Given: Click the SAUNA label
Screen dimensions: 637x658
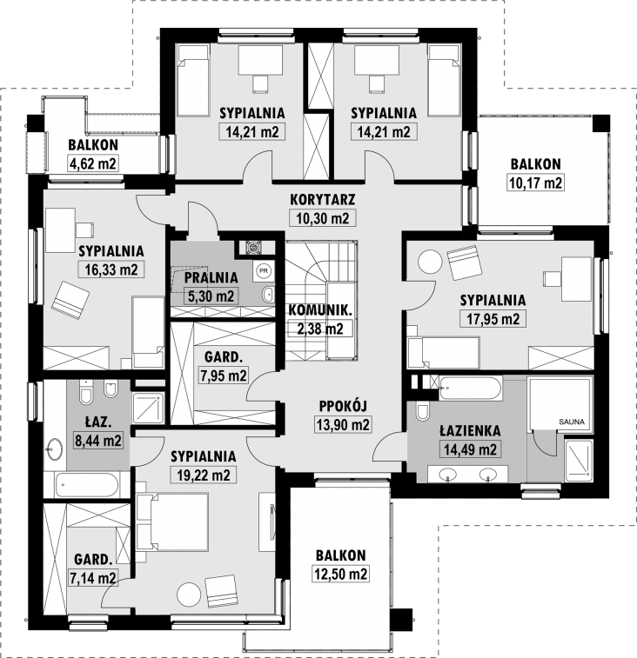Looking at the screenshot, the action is click(572, 422).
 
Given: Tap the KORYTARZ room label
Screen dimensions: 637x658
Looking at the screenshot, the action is click(323, 199).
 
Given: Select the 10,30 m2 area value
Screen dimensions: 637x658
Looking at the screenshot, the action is click(323, 218).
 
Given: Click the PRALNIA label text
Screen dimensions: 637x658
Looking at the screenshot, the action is click(211, 277).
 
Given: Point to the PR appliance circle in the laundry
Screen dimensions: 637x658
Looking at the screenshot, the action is click(264, 270).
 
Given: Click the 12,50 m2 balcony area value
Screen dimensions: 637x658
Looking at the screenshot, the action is click(341, 574).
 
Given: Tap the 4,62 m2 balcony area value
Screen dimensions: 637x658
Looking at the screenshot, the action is click(92, 163).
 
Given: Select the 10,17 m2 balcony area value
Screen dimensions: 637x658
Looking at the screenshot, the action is click(536, 183).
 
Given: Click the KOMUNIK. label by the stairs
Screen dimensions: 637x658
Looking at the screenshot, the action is click(320, 310).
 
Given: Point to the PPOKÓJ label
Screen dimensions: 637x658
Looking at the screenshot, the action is click(343, 406).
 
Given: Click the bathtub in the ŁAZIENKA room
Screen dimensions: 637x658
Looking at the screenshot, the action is click(470, 389).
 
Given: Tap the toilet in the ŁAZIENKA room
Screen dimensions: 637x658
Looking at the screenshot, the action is click(422, 411).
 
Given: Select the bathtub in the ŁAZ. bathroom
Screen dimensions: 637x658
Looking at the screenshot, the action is click(87, 486).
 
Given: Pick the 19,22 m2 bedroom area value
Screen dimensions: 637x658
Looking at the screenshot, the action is click(204, 475).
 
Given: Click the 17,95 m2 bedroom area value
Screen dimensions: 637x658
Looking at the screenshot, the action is click(493, 319).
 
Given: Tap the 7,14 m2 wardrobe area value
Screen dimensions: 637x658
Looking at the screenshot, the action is click(92, 578).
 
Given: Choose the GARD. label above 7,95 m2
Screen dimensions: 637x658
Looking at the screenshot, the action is click(224, 357).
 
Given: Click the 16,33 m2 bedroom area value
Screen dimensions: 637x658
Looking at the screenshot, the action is click(111, 269).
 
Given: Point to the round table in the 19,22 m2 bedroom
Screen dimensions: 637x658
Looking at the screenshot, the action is click(189, 595).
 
